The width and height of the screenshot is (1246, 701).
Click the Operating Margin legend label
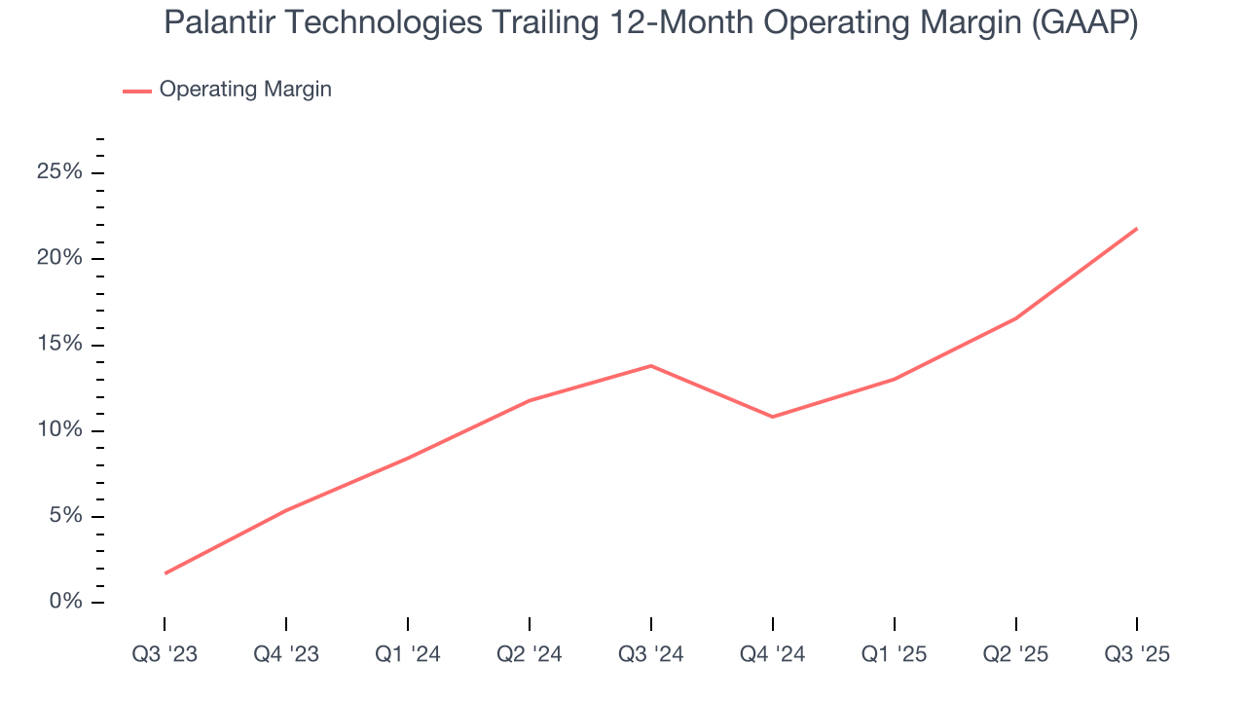click(x=245, y=90)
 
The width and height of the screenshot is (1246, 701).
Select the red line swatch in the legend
click(x=136, y=91)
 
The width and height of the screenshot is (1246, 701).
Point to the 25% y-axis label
click(x=59, y=172)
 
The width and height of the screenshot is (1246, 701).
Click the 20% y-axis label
click(x=59, y=258)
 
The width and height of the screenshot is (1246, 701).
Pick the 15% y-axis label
click(x=59, y=345)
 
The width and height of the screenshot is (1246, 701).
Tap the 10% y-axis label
click(x=59, y=430)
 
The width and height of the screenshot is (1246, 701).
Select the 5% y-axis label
click(x=64, y=516)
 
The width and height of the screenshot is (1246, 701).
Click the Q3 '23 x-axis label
click(x=165, y=654)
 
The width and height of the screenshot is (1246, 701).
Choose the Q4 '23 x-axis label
click(x=286, y=654)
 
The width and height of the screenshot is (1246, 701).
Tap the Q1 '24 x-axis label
click(x=408, y=654)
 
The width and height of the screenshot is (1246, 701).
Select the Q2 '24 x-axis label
click(x=530, y=654)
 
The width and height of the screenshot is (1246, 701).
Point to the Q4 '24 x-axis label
click(x=773, y=654)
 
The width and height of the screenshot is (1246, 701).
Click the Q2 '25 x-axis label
click(x=1016, y=654)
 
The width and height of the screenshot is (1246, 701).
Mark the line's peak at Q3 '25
click(x=1137, y=229)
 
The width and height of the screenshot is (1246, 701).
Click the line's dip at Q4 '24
click(x=773, y=417)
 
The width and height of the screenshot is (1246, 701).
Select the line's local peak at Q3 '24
click(x=651, y=366)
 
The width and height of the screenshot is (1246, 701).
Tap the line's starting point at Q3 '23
click(x=165, y=573)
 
